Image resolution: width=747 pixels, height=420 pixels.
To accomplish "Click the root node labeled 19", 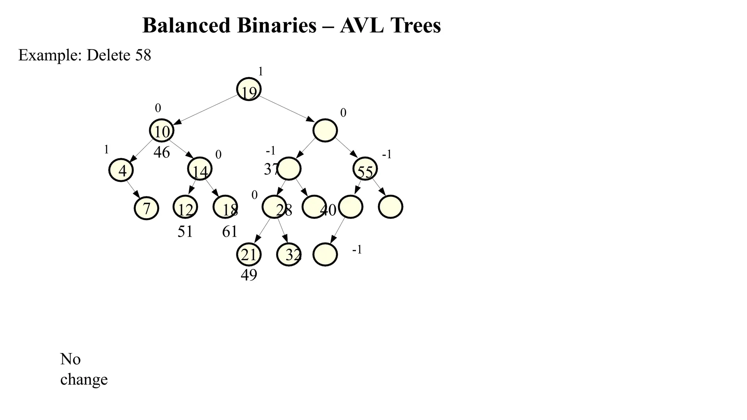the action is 249,89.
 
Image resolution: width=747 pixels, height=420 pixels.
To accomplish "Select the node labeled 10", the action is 162,131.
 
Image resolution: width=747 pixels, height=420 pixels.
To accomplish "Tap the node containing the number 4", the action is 121,170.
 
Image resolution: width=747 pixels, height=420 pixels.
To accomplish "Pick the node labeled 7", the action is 147,208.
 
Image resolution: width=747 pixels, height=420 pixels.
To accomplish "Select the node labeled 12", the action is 185,207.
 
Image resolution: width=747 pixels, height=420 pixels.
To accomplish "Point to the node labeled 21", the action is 249,254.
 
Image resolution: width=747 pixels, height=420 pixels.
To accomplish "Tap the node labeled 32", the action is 289,254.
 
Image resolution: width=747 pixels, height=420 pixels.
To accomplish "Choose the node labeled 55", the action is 365,169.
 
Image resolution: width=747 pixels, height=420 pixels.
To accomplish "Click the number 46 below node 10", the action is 162,152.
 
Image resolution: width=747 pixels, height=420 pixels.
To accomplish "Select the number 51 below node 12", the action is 185,232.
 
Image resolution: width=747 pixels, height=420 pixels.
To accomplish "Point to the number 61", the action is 230,232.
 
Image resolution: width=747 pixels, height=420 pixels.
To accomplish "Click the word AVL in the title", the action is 361,26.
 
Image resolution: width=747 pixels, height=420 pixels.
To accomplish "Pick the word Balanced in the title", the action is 186,26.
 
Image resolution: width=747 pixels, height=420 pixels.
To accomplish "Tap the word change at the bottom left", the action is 84,380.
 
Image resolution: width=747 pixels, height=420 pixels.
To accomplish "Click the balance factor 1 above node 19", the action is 260,71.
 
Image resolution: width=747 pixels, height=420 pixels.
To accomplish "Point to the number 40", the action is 328,210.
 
